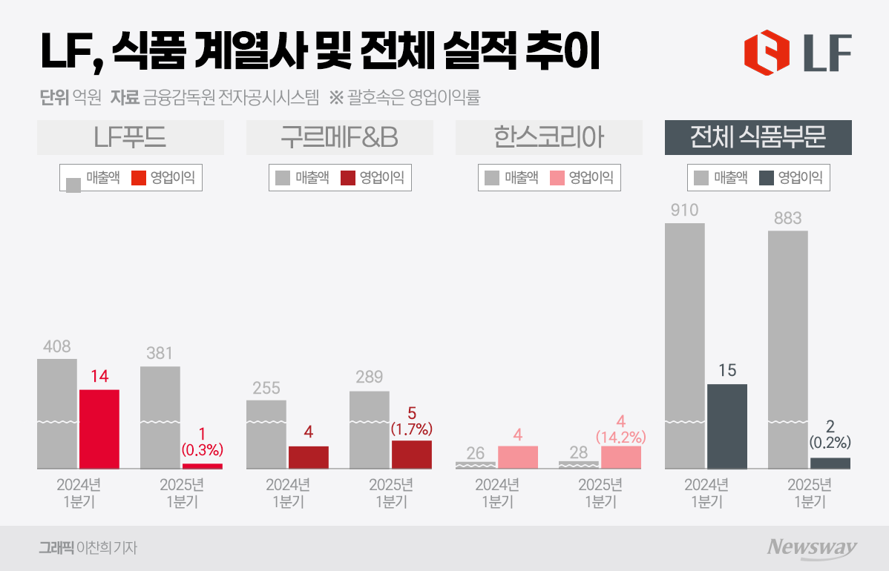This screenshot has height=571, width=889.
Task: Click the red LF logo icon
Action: tap(767, 52)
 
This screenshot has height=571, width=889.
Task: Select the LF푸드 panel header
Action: tap(131, 138)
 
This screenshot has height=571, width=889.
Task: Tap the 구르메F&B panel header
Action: tap(340, 138)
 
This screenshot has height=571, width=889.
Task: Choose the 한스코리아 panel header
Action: tap(549, 138)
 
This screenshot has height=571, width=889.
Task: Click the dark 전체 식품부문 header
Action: tap(758, 138)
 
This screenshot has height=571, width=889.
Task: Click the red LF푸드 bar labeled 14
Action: tap(99, 429)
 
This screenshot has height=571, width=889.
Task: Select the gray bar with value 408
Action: tap(57, 414)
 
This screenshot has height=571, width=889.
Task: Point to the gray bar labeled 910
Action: tap(684, 346)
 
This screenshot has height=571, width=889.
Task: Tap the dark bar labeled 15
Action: tap(726, 426)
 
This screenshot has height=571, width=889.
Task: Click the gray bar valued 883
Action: tap(787, 349)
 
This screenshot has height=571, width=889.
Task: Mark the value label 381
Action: tap(160, 354)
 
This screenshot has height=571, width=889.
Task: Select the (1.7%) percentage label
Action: tap(412, 430)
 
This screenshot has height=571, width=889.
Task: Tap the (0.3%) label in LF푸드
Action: tap(202, 450)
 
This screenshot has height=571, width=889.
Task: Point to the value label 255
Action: tap(266, 388)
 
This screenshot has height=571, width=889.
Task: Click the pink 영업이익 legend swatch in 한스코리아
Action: tap(558, 178)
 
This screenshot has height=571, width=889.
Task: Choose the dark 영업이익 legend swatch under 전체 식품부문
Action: tap(767, 178)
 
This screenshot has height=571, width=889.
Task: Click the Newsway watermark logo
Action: tap(811, 548)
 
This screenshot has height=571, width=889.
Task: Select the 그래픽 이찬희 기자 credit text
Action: tap(88, 548)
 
